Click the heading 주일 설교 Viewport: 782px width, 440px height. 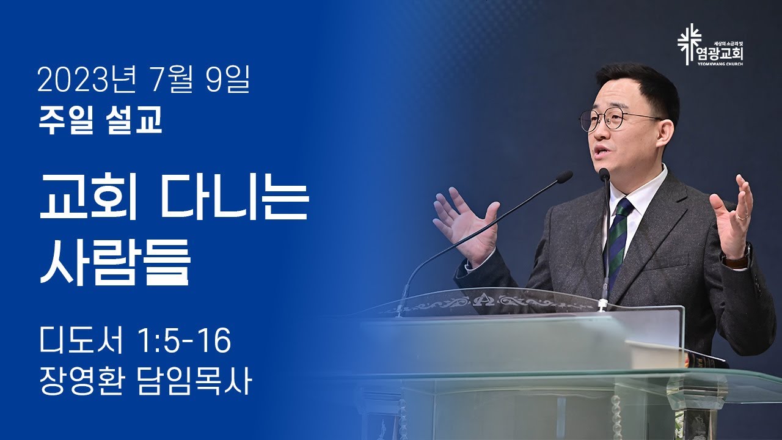click(x=100, y=120)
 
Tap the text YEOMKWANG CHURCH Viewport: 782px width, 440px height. click(x=722, y=64)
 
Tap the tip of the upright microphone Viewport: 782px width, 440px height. click(x=604, y=174)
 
